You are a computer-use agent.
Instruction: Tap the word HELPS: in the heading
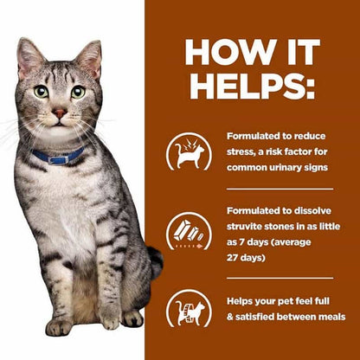[x=252, y=86]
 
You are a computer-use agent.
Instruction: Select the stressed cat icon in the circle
[x=189, y=151]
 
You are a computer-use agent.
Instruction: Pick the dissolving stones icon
[x=189, y=231]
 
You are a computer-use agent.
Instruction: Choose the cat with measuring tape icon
[x=189, y=309]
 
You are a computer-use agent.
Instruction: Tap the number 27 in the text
[x=232, y=258]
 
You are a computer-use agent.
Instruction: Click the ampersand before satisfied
[x=230, y=317]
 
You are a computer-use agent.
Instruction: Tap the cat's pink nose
[x=60, y=112]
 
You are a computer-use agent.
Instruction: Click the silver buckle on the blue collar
[x=59, y=160]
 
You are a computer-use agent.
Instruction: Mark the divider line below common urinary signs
[x=280, y=190]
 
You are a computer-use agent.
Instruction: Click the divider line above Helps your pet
[x=280, y=279]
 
